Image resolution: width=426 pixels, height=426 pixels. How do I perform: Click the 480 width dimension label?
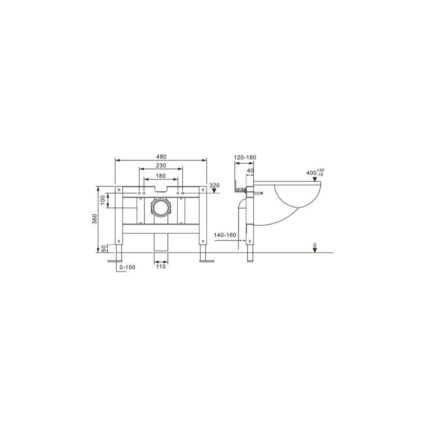click(x=161, y=157)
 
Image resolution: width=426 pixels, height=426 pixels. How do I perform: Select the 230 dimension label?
click(x=161, y=165)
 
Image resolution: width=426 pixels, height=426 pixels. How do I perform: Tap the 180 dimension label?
click(x=161, y=176)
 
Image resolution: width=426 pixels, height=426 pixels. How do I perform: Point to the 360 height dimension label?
click(x=95, y=219)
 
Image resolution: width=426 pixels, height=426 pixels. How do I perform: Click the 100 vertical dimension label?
click(x=103, y=200)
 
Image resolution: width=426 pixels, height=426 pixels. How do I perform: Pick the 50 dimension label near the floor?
click(x=104, y=248)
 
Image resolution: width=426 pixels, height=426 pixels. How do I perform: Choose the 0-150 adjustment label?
click(x=127, y=268)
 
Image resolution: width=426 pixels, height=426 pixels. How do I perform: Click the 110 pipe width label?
click(x=161, y=267)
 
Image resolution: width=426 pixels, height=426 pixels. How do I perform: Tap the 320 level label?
click(x=214, y=186)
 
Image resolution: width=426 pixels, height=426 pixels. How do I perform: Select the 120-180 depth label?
click(x=245, y=157)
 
